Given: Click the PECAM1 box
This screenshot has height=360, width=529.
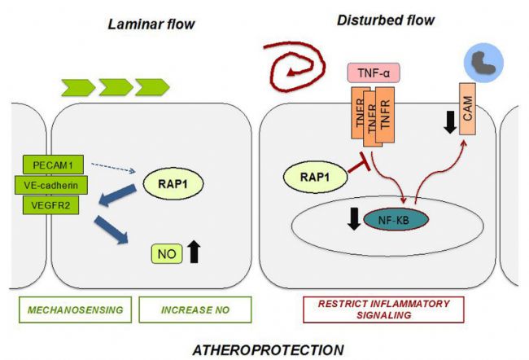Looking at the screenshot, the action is click(53, 165).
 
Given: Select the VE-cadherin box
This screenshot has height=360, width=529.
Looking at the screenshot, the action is click(51, 185).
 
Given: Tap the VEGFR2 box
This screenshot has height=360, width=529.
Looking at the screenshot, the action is click(50, 205).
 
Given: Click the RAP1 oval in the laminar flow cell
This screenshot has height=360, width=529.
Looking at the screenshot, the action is click(173, 184).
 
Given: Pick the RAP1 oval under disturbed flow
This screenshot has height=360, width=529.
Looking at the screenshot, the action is click(315, 177).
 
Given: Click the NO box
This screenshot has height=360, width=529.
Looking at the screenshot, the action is click(167, 253).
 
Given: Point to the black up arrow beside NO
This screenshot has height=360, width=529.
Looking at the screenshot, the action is click(194, 252).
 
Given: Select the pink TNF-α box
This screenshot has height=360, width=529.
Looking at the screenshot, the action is click(374, 72).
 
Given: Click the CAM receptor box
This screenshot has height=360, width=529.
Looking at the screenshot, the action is click(468, 109).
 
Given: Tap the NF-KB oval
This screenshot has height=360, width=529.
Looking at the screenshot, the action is click(396, 220).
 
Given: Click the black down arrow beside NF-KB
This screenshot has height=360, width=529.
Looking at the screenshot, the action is click(354, 219).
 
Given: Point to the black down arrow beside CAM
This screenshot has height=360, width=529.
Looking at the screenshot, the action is click(450, 122).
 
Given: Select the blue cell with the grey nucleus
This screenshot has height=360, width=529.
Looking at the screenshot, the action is click(483, 64).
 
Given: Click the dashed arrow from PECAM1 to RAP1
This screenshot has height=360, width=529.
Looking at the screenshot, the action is click(113, 168).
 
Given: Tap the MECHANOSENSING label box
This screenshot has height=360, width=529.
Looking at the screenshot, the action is click(75, 310).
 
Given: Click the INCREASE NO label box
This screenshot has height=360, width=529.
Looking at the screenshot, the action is click(195, 310).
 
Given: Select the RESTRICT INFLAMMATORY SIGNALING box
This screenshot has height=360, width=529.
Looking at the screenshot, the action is click(383, 310).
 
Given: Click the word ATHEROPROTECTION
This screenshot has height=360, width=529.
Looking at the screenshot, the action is click(269, 350).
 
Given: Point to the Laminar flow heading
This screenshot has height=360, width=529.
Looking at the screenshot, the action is click(151, 24).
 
